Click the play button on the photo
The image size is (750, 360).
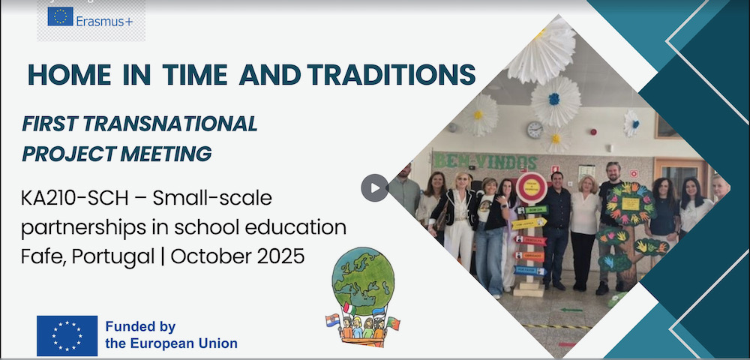(374, 188)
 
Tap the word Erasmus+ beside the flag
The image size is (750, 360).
(104, 22)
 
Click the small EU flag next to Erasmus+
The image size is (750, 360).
(60, 16)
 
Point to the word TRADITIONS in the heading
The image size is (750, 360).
(391, 74)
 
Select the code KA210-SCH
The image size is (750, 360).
(74, 199)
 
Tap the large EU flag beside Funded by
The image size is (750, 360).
(67, 335)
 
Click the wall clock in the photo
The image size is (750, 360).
(535, 129)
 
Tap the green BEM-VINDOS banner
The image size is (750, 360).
(484, 161)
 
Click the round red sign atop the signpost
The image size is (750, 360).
(532, 188)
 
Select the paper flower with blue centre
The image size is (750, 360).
(554, 100)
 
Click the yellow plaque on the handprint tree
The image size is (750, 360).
(631, 204)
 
